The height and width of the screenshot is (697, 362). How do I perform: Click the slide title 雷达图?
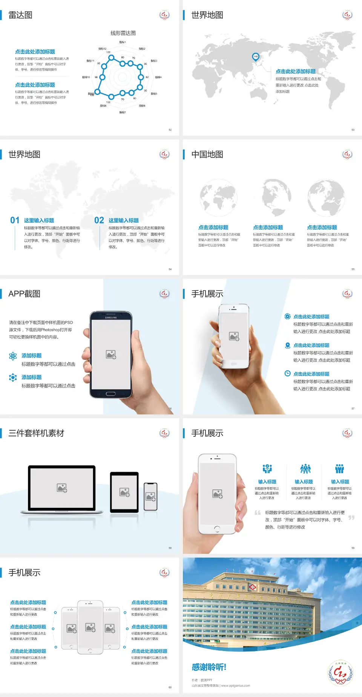click(20, 15)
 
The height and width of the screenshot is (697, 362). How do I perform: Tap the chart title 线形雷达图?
click(123, 33)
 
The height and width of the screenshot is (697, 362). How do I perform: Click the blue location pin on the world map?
click(256, 57)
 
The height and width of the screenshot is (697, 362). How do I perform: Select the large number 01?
click(15, 220)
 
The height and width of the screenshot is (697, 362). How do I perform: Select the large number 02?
click(99, 220)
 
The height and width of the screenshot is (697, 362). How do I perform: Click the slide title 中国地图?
click(207, 154)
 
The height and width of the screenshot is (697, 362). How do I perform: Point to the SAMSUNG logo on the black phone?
click(111, 318)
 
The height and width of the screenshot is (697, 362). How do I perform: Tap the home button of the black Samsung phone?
click(110, 394)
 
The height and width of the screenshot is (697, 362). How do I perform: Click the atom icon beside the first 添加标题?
click(13, 356)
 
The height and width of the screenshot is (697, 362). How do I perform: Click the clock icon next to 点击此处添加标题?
click(287, 373)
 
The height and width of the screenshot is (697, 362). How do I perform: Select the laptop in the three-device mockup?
click(62, 490)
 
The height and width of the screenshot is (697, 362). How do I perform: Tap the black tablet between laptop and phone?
click(124, 492)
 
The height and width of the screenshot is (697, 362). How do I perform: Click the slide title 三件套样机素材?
click(36, 433)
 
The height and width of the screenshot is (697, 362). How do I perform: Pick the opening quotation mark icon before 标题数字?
click(258, 513)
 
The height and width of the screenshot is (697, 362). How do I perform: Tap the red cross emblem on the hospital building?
click(252, 587)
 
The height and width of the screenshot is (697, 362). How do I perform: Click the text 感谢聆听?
click(209, 667)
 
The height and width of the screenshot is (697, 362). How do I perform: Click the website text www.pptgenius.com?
click(235, 686)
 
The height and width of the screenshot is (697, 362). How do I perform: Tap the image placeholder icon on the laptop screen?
click(62, 488)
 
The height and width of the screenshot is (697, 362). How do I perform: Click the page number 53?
click(353, 130)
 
